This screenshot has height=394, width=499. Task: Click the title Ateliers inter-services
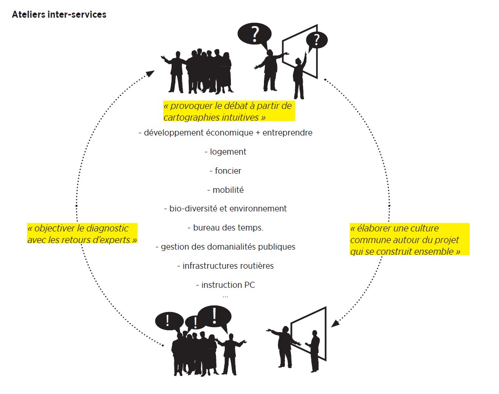(59, 14)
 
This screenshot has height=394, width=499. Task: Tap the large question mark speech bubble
(254, 34)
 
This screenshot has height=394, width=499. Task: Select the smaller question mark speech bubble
(317, 40)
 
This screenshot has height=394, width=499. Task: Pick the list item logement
(225, 152)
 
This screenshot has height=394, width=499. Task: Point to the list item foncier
(225, 171)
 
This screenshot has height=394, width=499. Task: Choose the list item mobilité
(225, 190)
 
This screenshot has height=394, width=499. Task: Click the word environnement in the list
(258, 209)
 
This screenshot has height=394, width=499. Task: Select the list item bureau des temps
(225, 228)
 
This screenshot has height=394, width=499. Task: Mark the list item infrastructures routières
(225, 266)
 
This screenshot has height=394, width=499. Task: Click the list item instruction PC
(225, 285)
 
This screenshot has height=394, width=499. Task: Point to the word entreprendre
(287, 133)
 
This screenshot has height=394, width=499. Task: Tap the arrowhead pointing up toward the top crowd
(150, 74)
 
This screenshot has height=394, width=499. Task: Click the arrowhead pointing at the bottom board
(334, 323)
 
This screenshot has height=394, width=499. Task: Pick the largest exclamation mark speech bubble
(215, 316)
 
